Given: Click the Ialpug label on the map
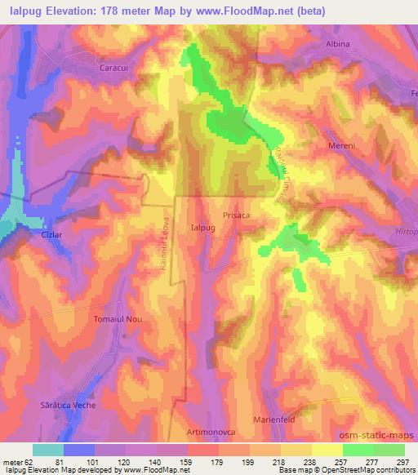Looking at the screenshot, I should click(x=201, y=229).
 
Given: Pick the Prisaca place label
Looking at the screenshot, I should click(x=236, y=215).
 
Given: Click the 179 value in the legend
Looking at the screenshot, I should click(x=218, y=460).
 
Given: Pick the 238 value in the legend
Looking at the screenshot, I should click(x=312, y=460).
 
